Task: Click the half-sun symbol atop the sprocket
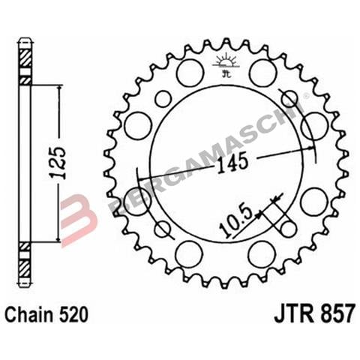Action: point(223,61)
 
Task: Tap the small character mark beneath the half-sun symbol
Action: point(223,72)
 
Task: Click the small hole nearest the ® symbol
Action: point(289,98)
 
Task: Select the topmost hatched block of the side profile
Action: point(25,55)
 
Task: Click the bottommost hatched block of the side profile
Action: point(25,272)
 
